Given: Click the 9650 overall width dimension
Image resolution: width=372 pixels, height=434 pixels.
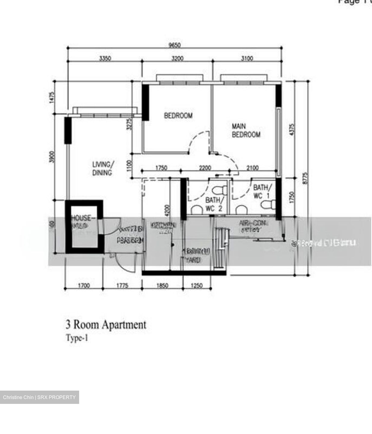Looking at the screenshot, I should tap(175, 45).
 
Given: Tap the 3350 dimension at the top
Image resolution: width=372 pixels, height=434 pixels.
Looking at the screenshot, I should tap(105, 58).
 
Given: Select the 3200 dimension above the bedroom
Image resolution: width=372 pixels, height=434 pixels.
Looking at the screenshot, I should tap(177, 58).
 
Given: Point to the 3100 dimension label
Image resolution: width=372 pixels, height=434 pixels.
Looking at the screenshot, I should tap(247, 58).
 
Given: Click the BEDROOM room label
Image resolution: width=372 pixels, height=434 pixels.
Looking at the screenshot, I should tap(178, 115).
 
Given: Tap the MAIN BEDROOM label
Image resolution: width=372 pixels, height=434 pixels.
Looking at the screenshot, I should tap(246, 130).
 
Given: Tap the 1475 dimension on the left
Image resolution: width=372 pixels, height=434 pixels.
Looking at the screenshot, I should tap(52, 98).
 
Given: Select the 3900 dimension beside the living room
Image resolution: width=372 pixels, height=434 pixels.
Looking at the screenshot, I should tap(52, 157).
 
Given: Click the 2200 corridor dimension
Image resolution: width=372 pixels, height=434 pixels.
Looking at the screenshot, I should tap(205, 168).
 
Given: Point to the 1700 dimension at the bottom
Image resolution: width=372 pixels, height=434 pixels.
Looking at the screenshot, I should tap(84, 285).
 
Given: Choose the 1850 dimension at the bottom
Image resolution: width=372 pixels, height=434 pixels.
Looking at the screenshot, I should tap(162, 285).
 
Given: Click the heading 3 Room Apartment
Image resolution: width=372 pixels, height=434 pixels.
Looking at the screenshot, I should tap(106, 325).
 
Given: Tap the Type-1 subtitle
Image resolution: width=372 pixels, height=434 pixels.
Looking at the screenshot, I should tap(77, 338).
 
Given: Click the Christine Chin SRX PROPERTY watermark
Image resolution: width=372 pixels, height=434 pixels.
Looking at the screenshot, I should tap(39, 397).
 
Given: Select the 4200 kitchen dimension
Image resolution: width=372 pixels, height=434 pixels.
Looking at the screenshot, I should tap(167, 210).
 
